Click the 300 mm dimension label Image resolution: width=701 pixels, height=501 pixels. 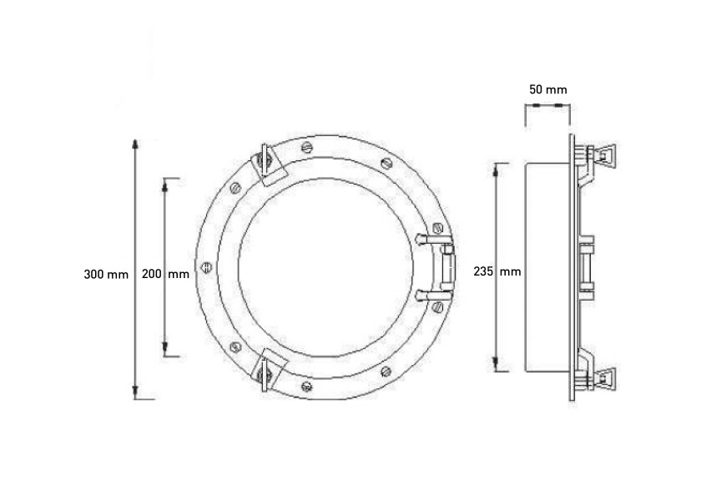[106, 273]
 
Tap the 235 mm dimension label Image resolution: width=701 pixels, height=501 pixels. [497, 271]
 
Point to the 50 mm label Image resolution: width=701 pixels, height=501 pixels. [547, 89]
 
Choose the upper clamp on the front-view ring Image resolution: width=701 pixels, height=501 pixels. [269, 164]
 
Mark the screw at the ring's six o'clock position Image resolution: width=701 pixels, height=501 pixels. [307, 386]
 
